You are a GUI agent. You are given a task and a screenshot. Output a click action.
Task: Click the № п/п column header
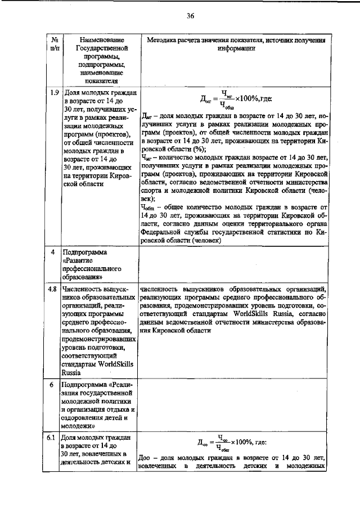click(x=56, y=44)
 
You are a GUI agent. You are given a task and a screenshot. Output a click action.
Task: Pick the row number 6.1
click(x=55, y=438)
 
